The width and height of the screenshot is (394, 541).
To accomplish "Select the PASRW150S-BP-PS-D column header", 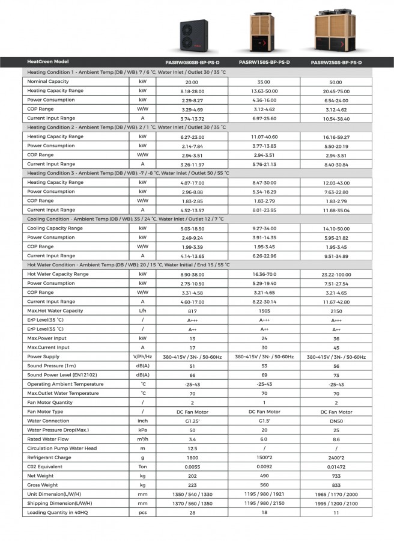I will [x=264, y=62].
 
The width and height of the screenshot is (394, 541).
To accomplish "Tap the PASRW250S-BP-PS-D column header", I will [x=336, y=63].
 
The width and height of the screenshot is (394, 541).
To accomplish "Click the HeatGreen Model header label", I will [x=48, y=62].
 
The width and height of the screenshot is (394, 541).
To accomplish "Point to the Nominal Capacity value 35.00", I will [x=264, y=82].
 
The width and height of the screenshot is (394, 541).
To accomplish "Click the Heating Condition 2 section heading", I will [x=127, y=127].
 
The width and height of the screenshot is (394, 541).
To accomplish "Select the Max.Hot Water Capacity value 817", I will [x=192, y=311].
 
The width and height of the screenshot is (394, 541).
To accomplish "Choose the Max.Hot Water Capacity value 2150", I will [x=336, y=311].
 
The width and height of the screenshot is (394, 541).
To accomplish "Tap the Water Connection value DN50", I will [x=336, y=421].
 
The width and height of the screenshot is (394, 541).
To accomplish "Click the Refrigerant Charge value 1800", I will [x=192, y=457].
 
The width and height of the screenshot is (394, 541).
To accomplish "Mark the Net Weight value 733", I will [x=336, y=476].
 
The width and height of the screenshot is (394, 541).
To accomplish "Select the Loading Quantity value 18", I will [x=264, y=512].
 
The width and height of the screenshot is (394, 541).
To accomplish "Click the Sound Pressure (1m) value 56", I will [x=336, y=366].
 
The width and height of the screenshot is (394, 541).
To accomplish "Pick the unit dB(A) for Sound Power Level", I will [x=142, y=375].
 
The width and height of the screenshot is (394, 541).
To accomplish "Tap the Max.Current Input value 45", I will [x=336, y=347].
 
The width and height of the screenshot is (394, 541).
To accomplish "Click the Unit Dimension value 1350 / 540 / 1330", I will [x=192, y=494].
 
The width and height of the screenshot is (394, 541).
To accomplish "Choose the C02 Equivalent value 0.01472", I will [x=336, y=466].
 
